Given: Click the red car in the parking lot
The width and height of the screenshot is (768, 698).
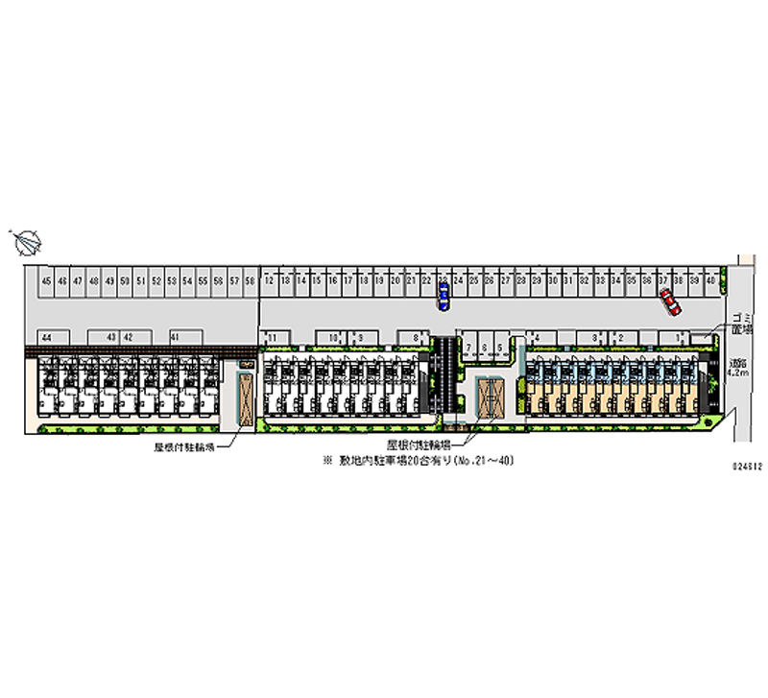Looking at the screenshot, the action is [669, 304].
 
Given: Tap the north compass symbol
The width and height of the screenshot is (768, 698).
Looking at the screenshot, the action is [27, 242].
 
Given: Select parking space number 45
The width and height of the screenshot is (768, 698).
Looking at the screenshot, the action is [46, 280].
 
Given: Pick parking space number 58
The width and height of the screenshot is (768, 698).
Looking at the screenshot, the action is [249, 280].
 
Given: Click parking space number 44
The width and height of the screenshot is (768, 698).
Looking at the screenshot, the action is [45, 337].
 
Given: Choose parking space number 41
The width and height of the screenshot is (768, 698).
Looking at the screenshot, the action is [175, 337].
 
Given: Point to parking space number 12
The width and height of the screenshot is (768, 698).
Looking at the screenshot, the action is [271, 280].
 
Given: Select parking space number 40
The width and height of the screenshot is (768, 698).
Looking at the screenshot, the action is [710, 280].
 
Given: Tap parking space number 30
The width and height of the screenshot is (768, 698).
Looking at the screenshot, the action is [553, 280].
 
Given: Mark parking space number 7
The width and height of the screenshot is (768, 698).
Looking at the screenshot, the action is [469, 348].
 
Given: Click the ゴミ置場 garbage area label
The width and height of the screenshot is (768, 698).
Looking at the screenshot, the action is [739, 323].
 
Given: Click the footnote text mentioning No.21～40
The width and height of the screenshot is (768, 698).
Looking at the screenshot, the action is [421, 462].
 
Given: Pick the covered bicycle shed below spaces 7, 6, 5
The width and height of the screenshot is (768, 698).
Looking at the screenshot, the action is [491, 397].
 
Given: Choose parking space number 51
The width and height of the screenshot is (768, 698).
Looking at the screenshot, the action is [140, 280].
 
